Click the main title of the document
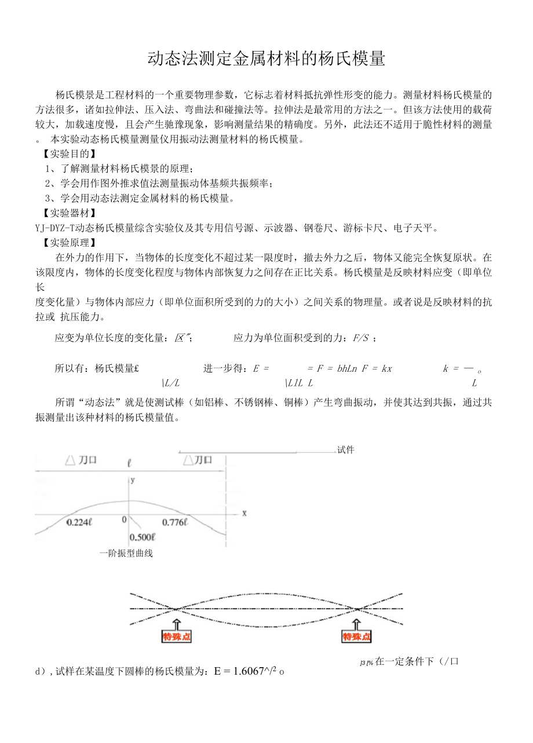click(266, 58)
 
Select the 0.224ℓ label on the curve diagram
click(79, 522)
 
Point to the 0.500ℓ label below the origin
click(142, 537)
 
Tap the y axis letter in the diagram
click(133, 480)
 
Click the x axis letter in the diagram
click(244, 513)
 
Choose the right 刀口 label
click(203, 460)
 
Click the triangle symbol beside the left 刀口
click(70, 460)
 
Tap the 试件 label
click(346, 450)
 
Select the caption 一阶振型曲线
click(126, 554)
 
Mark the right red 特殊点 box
click(356, 637)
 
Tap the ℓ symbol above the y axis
click(130, 463)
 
